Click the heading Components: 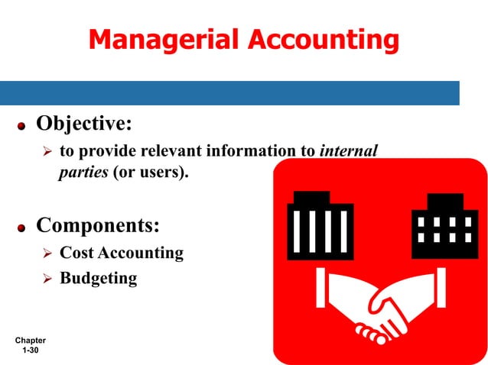(x=98, y=226)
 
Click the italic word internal (x=349, y=150)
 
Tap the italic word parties (x=83, y=172)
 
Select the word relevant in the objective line (x=143, y=150)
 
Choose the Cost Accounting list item (x=121, y=253)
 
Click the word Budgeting (x=98, y=278)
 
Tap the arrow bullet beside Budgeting (x=45, y=279)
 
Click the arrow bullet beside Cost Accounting (x=45, y=254)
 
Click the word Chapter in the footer (x=30, y=340)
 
